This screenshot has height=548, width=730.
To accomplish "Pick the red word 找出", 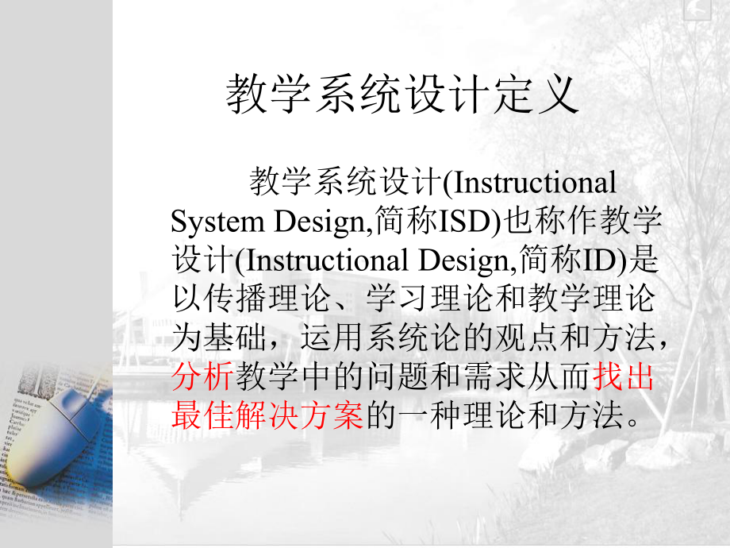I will [x=625, y=376].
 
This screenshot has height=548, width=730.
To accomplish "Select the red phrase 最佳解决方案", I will [x=267, y=415].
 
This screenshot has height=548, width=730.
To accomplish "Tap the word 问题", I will [x=395, y=376].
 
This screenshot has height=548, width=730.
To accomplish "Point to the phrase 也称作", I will [x=557, y=222].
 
